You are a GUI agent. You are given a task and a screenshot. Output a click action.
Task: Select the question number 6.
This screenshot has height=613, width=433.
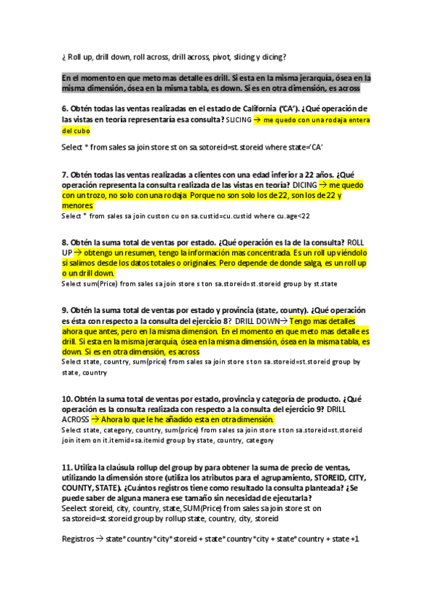pos(64,109)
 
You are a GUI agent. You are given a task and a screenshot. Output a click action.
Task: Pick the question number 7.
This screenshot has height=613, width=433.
pos(64,174)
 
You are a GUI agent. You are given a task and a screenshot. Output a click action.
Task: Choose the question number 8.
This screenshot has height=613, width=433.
pos(64,242)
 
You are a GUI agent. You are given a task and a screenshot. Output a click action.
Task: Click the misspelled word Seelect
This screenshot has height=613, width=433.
pos(75,508)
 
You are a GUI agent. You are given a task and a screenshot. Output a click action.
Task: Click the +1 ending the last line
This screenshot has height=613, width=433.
pos(353,539)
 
